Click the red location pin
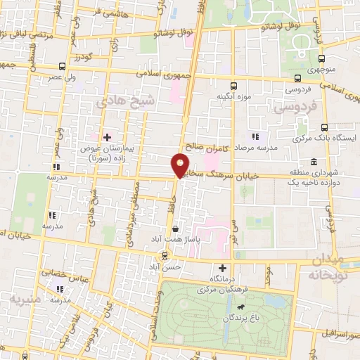(181, 165)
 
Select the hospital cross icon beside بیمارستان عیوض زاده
(107, 138)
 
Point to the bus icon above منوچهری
(321, 59)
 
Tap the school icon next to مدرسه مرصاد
(255, 136)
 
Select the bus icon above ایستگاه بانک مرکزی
(324, 127)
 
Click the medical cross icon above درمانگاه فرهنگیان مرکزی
(223, 268)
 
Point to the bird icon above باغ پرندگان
(241, 308)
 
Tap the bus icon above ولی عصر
(63, 67)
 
